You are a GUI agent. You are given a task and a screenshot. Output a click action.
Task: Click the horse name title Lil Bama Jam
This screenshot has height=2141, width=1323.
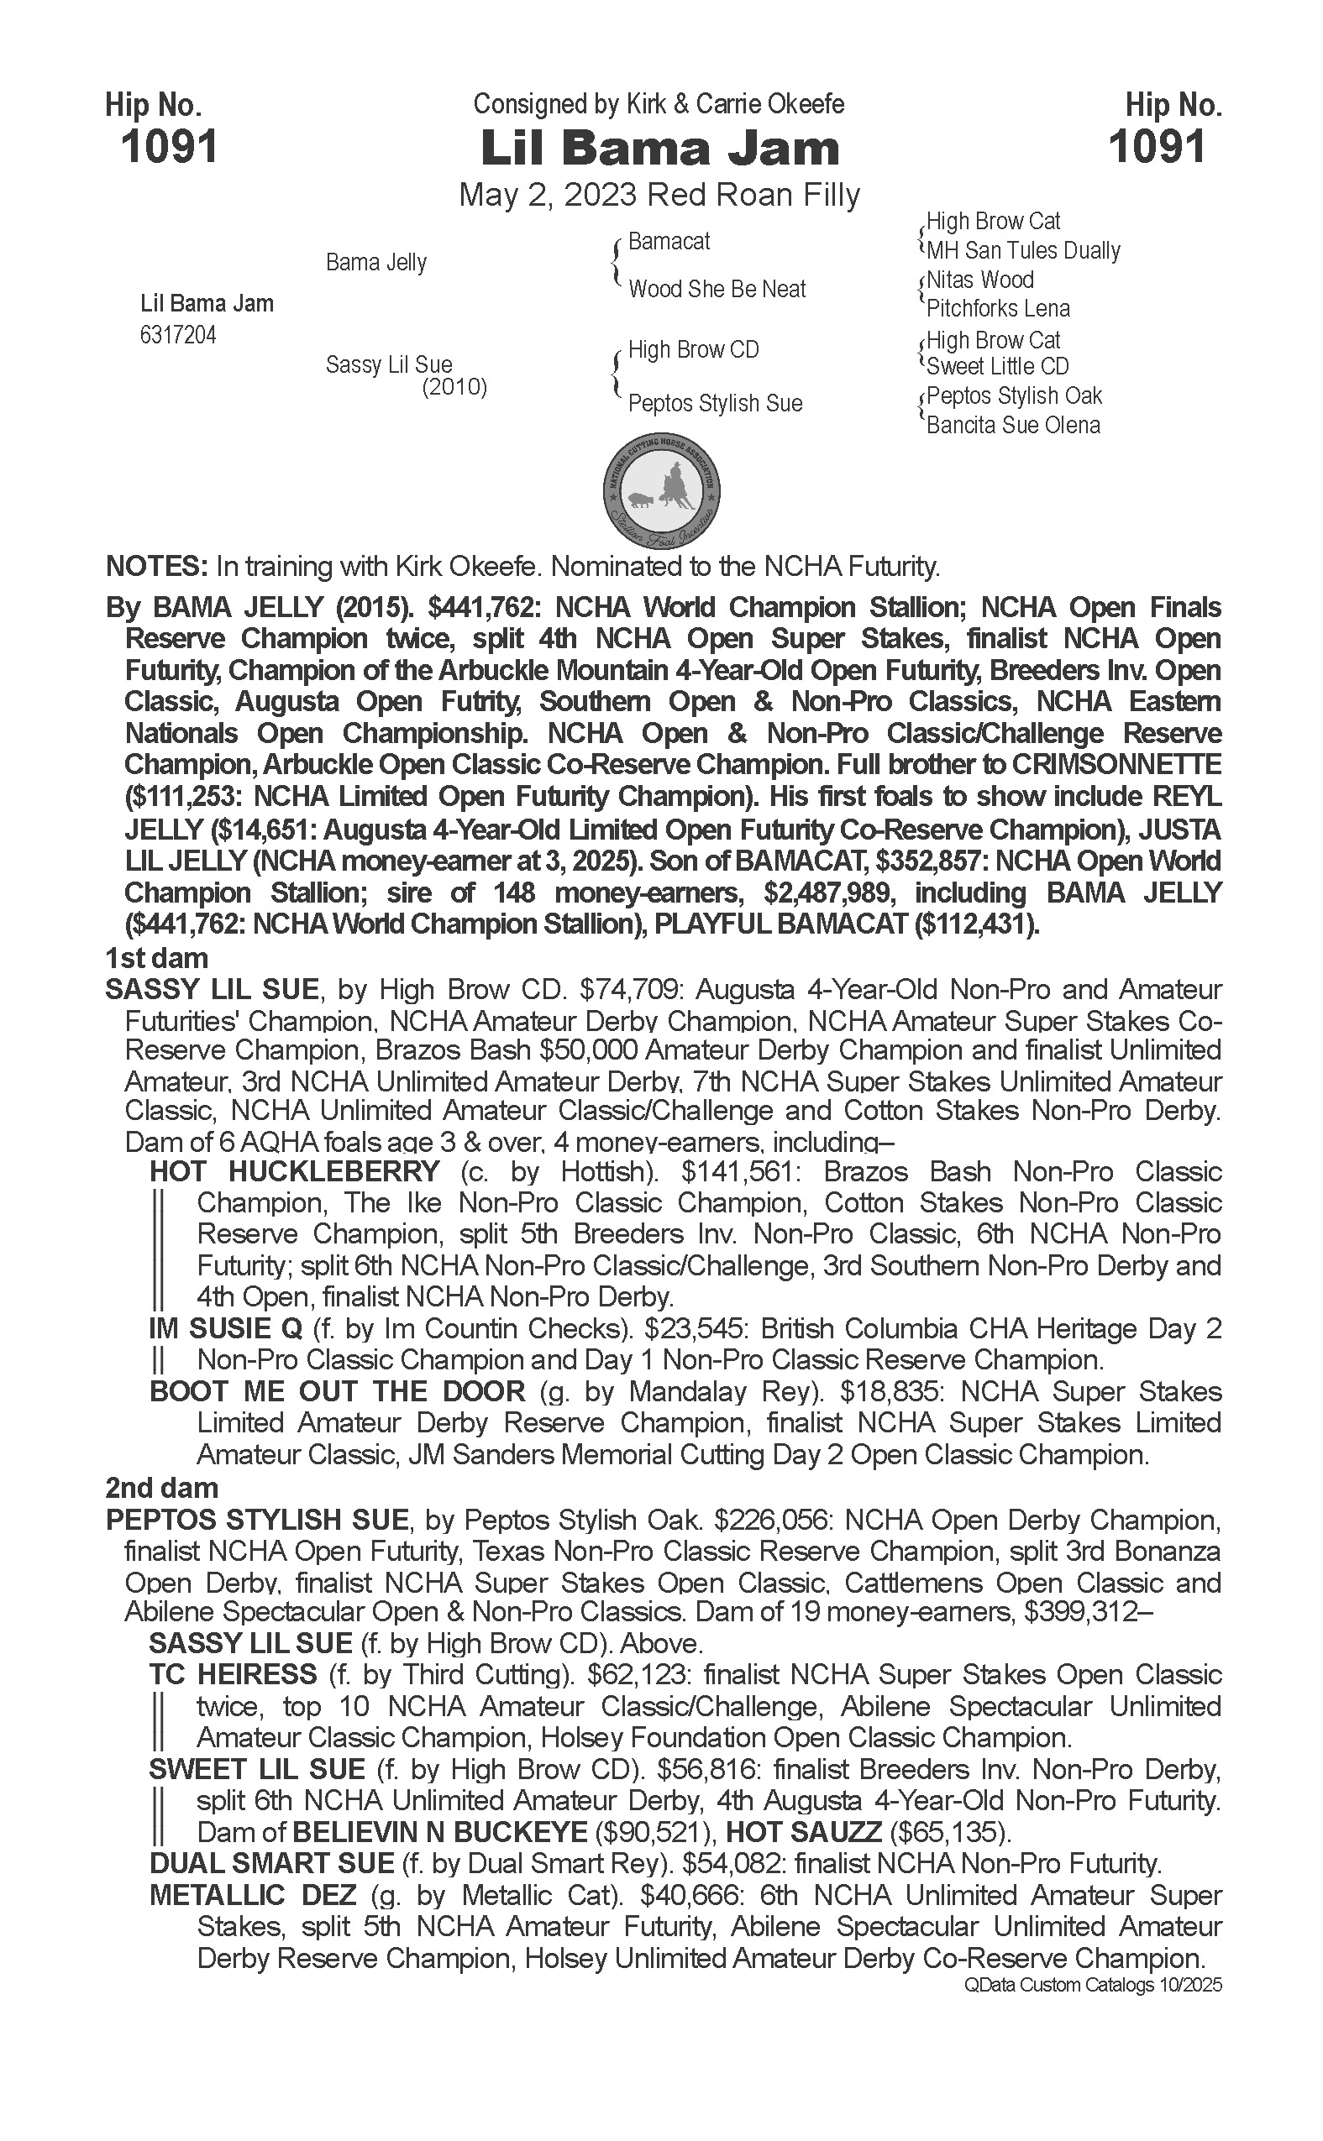tap(659, 149)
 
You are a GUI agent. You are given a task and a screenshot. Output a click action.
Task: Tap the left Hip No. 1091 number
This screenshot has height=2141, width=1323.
tap(169, 146)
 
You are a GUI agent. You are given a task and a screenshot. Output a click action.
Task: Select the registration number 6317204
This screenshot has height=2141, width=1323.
tap(177, 335)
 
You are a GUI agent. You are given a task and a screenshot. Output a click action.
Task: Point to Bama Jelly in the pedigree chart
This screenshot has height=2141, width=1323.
tap(376, 262)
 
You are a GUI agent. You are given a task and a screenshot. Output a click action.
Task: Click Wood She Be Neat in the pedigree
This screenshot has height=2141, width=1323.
tap(717, 290)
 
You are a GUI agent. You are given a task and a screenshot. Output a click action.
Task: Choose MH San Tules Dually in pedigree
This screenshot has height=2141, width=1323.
tap(1023, 251)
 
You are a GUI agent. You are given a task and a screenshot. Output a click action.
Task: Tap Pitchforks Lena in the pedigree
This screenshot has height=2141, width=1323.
tap(998, 309)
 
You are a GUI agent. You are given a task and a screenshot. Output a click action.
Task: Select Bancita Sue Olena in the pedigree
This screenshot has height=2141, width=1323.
tap(1013, 426)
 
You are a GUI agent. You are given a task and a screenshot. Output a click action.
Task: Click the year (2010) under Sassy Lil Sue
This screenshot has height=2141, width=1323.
tap(454, 387)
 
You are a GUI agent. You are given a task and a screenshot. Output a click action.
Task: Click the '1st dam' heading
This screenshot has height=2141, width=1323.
tap(156, 958)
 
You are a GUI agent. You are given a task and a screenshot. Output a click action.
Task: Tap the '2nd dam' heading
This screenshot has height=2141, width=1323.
tap(161, 1488)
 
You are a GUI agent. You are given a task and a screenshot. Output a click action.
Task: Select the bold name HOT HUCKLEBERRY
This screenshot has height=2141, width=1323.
tap(295, 1171)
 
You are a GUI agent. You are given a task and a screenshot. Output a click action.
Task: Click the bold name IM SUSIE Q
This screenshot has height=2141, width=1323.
tap(226, 1328)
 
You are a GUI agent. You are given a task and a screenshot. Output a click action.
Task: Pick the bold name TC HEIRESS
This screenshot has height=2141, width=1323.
tap(233, 1675)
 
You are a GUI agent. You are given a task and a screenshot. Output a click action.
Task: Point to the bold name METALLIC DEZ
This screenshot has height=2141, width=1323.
tap(253, 1895)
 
